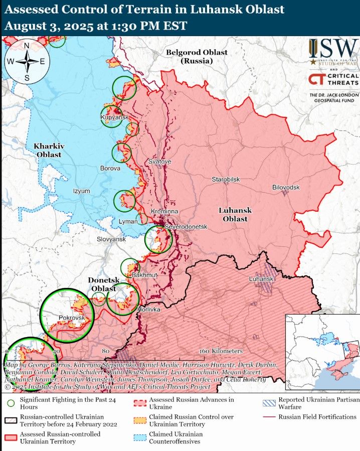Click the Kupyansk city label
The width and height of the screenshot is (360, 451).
click(115, 117)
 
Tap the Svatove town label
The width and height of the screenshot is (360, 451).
click(159, 162)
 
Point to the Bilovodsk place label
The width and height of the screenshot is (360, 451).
click(286, 187)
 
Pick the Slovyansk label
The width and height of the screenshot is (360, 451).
click(111, 240)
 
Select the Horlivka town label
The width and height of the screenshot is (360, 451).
click(148, 310)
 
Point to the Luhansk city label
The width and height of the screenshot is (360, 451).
click(261, 279)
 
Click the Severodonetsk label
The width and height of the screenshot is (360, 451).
click(186, 227)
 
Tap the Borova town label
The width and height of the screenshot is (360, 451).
click(110, 169)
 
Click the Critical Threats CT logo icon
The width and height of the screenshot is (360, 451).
click(316, 79)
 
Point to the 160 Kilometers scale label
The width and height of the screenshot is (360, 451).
click(220, 351)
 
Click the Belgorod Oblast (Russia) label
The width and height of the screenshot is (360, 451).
click(197, 56)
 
